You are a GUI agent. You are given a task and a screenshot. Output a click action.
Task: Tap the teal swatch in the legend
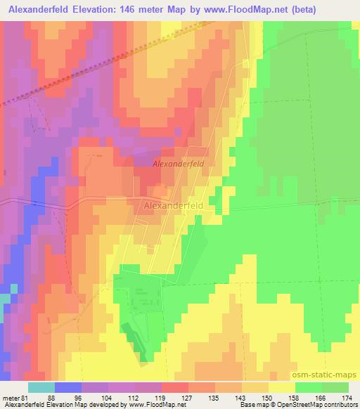(41, 387)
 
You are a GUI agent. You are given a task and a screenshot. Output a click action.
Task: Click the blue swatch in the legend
(68, 387)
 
